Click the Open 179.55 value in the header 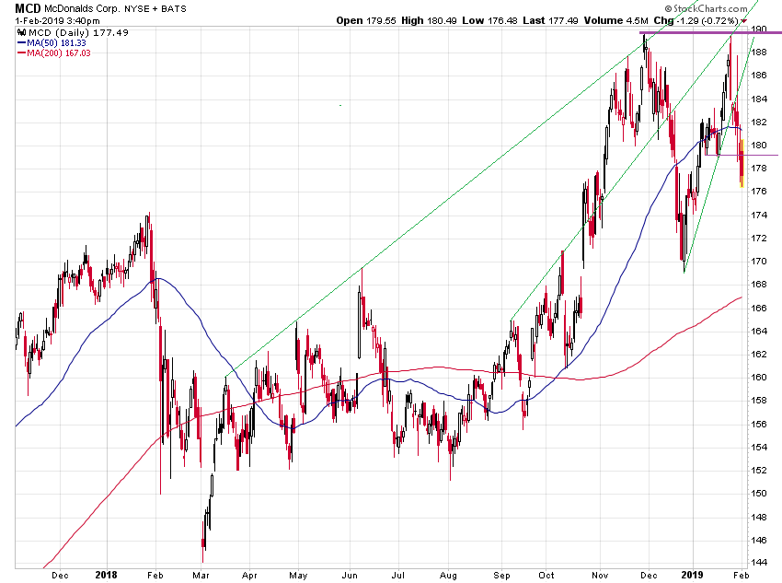362,19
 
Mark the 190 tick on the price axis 760,29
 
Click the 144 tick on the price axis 760,562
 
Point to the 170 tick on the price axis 760,261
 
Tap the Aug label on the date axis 447,574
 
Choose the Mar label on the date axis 201,574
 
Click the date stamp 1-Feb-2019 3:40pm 52,19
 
